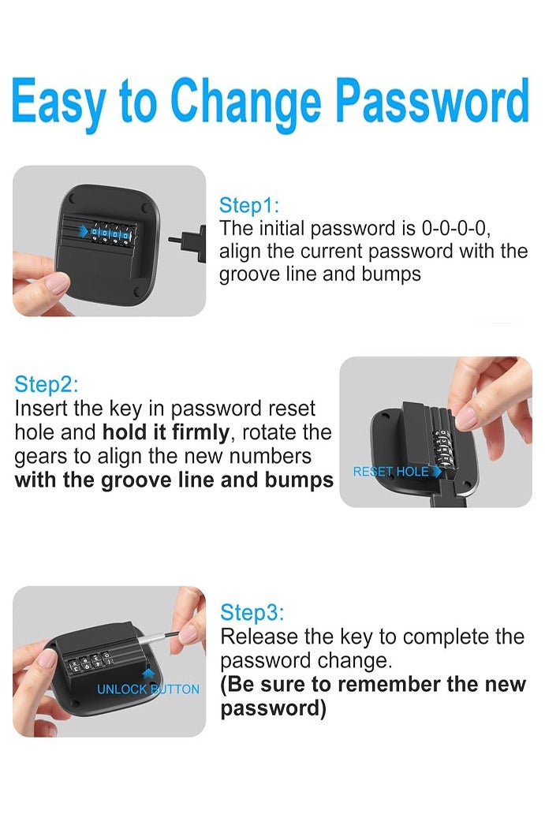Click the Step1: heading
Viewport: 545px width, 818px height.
pos(248,205)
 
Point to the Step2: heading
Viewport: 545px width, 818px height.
pos(46,384)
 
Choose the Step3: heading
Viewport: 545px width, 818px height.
pos(252,612)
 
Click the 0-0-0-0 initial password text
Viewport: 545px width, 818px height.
pos(455,228)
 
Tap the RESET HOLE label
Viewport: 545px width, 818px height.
pos(390,472)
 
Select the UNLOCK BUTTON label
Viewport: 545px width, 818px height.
pos(148,689)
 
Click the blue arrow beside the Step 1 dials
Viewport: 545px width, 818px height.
pos(83,231)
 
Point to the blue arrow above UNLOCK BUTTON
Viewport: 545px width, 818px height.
pos(148,674)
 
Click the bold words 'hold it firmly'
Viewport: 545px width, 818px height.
pos(166,432)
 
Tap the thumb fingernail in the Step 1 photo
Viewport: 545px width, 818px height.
pos(57,283)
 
